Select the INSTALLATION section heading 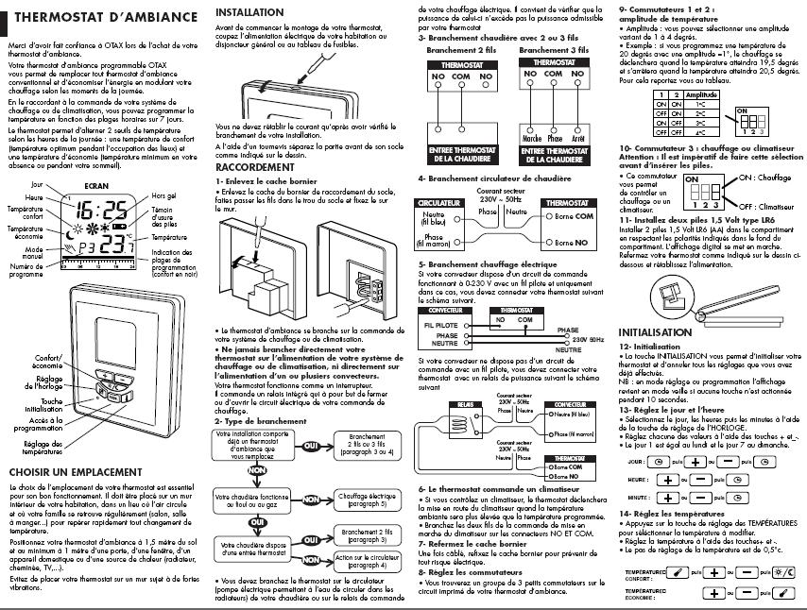249,12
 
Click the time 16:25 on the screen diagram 103,210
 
